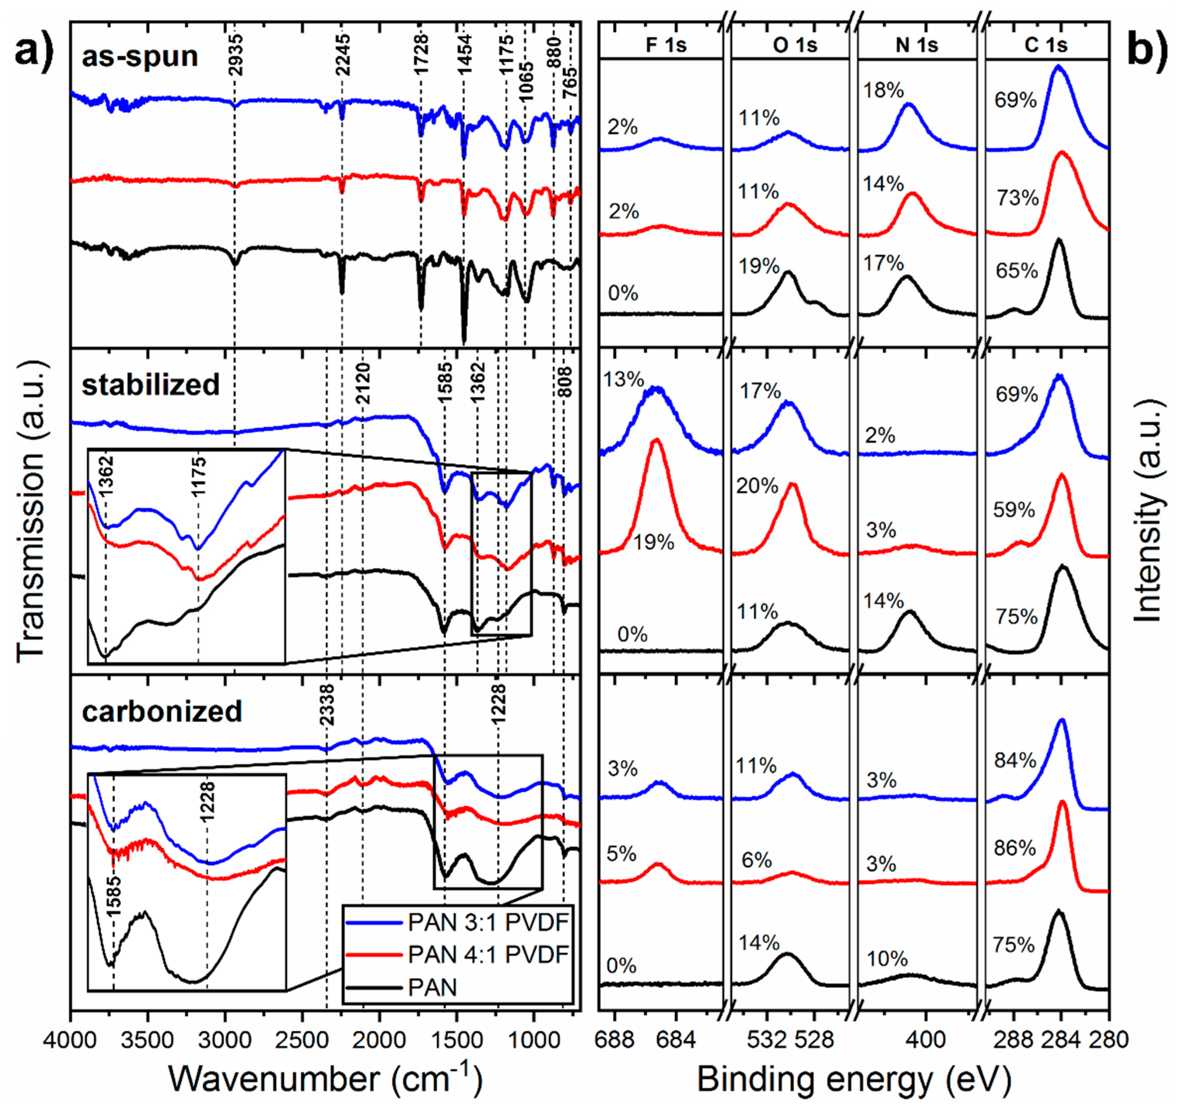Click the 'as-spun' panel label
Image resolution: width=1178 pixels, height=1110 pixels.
tap(139, 57)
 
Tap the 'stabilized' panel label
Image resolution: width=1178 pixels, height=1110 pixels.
tap(151, 385)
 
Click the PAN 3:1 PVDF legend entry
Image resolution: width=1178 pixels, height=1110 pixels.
tap(487, 922)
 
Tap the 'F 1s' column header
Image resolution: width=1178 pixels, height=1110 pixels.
tap(665, 45)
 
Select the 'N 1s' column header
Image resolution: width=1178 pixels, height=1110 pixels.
tap(916, 45)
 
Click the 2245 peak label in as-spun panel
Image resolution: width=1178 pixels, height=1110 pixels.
tap(343, 55)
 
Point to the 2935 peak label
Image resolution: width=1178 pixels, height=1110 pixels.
tap(235, 55)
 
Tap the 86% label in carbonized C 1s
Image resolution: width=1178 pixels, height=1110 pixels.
tap(1015, 848)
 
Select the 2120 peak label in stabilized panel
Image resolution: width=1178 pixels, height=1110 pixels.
tap(363, 384)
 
